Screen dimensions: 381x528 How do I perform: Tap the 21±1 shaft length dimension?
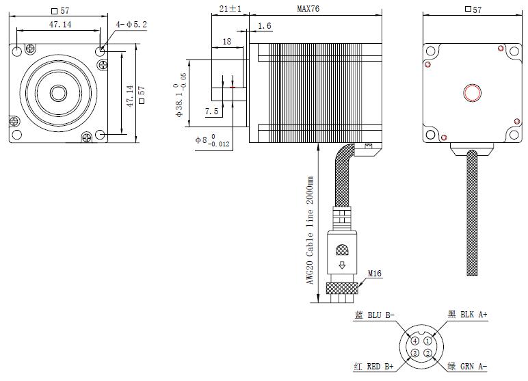pyautogui.click(x=230, y=9)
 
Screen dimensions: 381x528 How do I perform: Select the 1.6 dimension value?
pyautogui.click(x=265, y=26)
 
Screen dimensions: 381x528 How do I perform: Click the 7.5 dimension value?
pyautogui.click(x=212, y=111)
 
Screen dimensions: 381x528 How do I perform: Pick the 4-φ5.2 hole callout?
pyautogui.click(x=130, y=25)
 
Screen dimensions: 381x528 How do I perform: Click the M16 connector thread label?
pyautogui.click(x=375, y=274)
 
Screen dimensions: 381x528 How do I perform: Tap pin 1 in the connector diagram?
pyautogui.click(x=428, y=341)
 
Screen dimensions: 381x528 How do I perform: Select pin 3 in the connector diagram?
pyautogui.click(x=415, y=352)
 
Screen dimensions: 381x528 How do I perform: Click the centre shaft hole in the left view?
pyautogui.click(x=58, y=92)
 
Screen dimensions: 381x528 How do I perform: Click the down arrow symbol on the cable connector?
pyautogui.click(x=343, y=265)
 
